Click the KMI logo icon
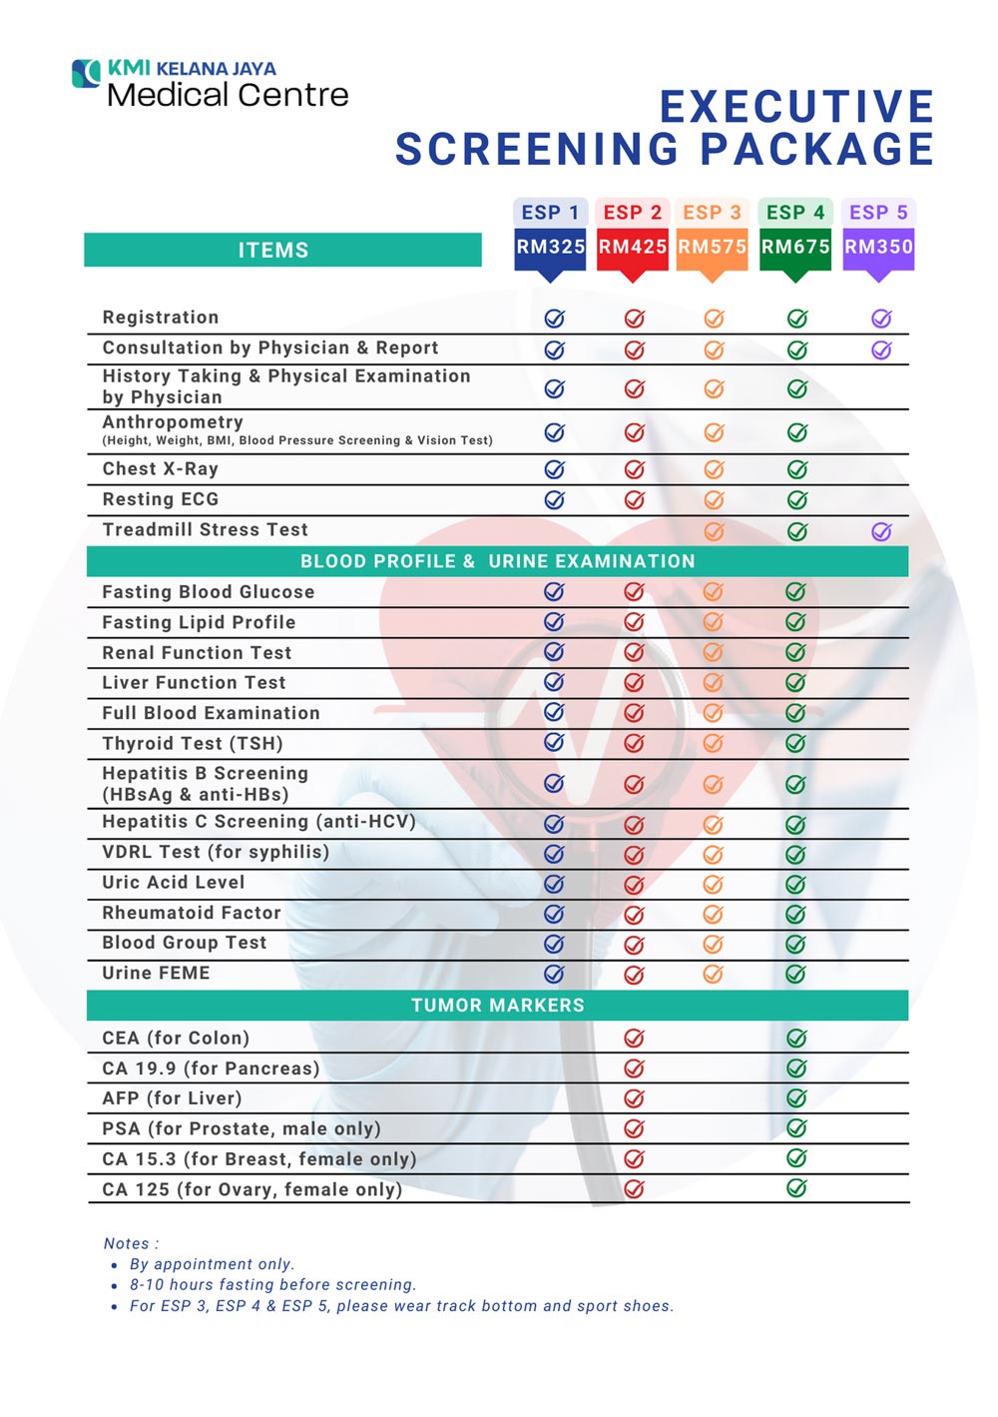pos(87,73)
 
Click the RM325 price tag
pos(550,247)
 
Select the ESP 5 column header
pos(878,212)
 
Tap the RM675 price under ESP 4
pos(795,247)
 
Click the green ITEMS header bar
pos(282,250)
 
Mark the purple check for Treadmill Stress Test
pos(881,531)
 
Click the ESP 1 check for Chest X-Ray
pos(555,469)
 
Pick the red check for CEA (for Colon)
pos(634,1039)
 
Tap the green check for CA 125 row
pos(796,1188)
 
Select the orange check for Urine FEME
pos(713,974)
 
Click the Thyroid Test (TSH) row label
pos(193,743)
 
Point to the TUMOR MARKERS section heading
pos(498,1006)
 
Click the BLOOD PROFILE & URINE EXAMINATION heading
pos(498,561)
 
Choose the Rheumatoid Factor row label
pos(192,913)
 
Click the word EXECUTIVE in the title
pos(796,107)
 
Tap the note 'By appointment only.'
pos(212,1264)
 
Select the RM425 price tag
pos(633,247)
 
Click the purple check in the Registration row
pos(881,319)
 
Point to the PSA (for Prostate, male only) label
pos(242,1128)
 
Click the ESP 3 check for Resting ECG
pos(714,500)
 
